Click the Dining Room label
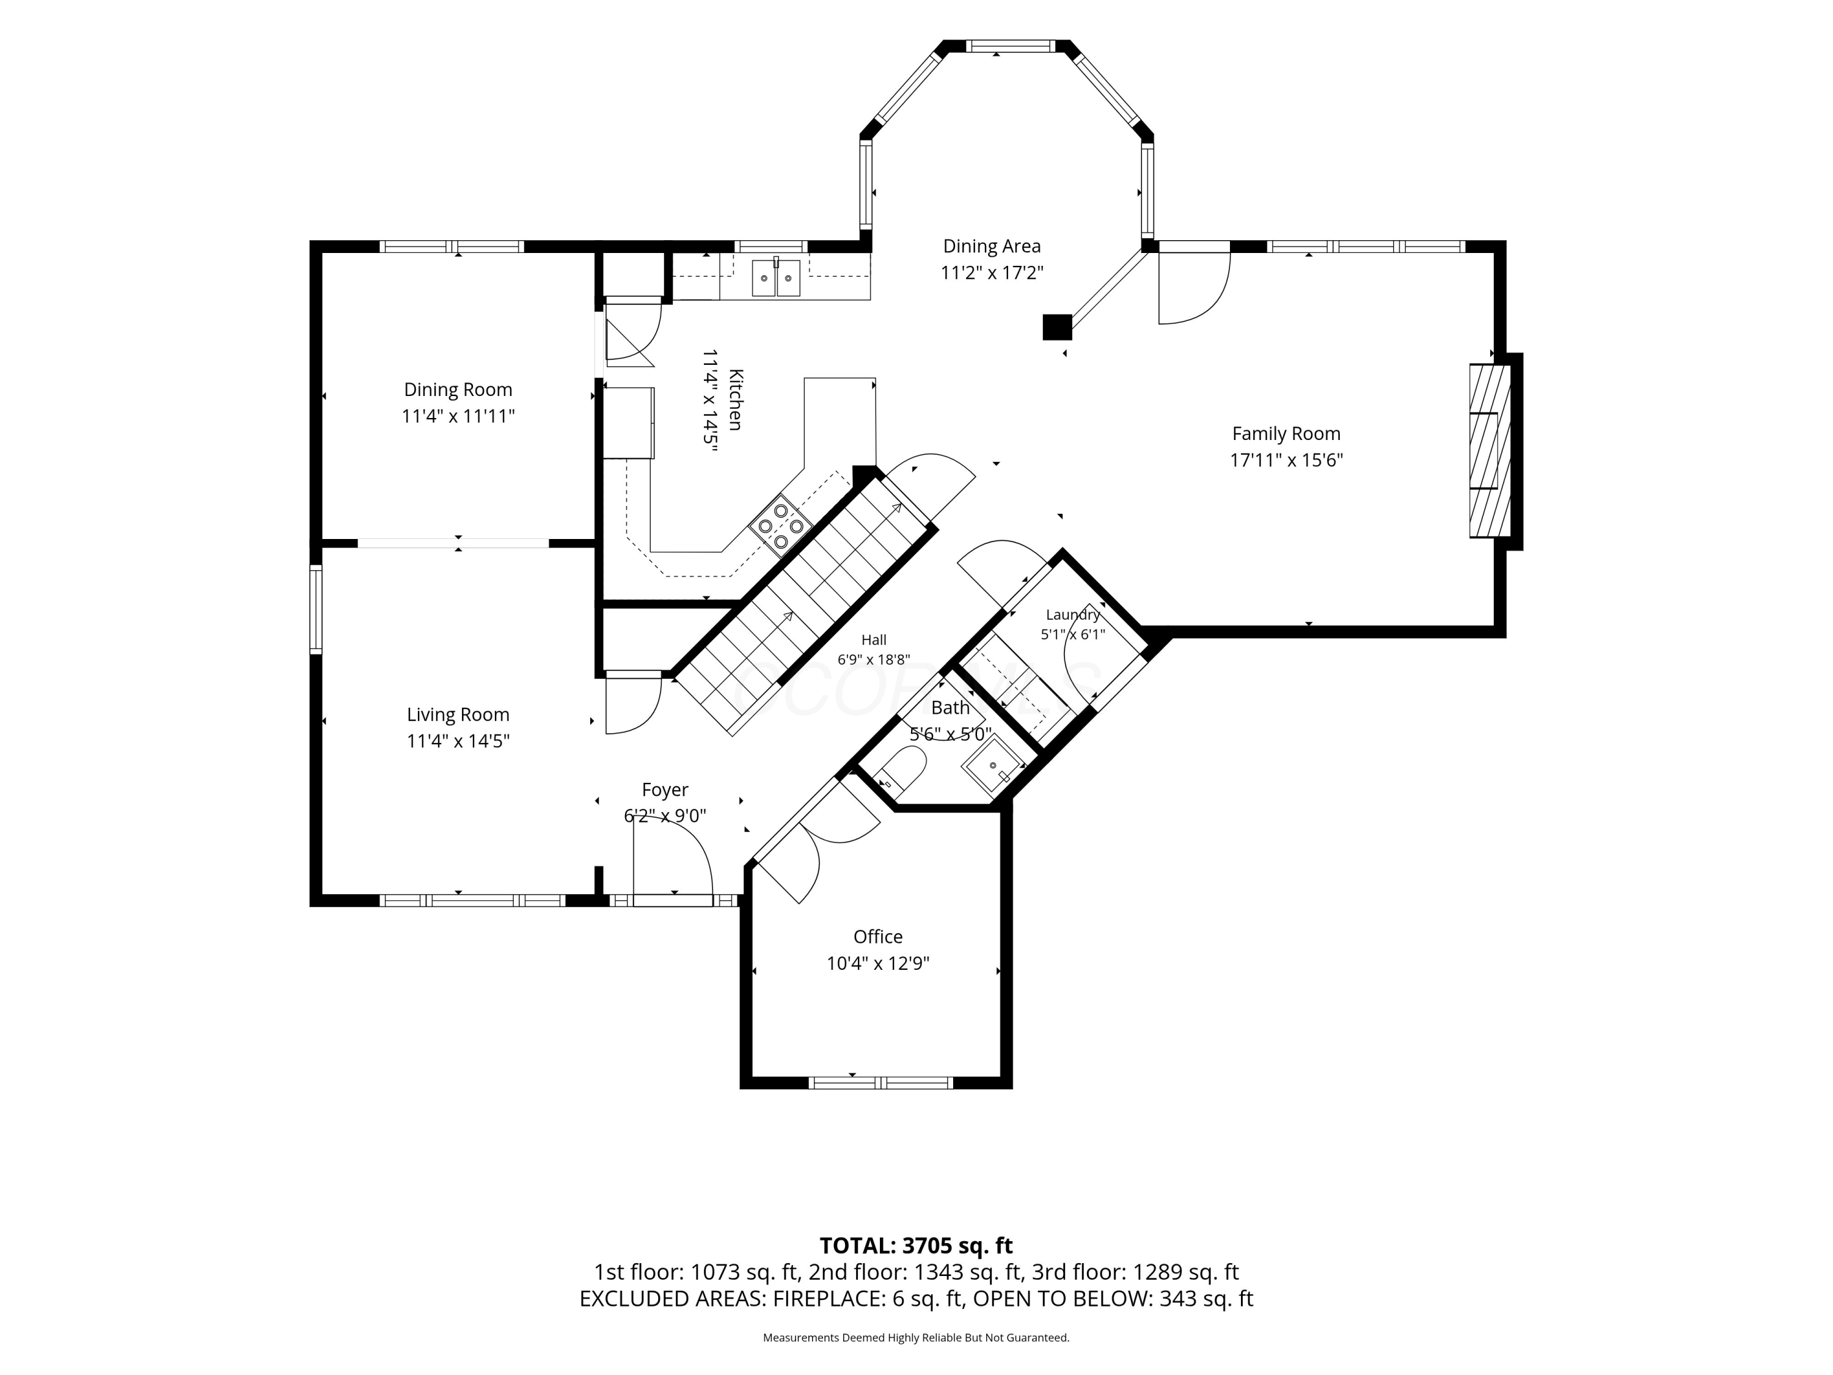coord(458,389)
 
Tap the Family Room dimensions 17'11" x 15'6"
coord(1286,460)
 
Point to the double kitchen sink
coord(777,277)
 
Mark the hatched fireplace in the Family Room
coord(1490,450)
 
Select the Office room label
coord(877,937)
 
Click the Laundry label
coord(1072,614)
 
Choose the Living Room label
coord(458,714)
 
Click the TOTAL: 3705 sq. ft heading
coord(916,1245)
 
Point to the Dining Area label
coord(991,246)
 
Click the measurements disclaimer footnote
coord(916,1337)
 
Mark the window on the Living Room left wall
coord(316,609)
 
